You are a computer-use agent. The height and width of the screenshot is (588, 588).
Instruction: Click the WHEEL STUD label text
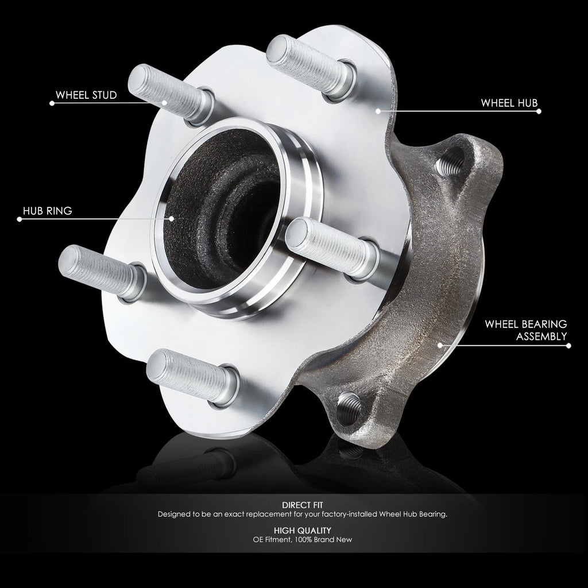(86, 95)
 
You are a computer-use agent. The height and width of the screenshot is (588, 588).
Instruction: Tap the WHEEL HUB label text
(509, 103)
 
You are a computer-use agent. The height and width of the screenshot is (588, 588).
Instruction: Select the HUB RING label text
(48, 211)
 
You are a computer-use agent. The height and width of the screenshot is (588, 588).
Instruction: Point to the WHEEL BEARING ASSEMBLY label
(526, 330)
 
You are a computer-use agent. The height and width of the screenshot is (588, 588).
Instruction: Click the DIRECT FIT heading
(302, 505)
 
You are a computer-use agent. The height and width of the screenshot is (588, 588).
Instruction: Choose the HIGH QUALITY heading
(302, 531)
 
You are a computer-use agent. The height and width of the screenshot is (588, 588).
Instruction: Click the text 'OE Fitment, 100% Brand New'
(302, 540)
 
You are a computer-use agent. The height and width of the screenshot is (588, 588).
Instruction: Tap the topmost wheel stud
(311, 68)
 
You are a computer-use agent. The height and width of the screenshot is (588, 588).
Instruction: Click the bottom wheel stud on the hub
(192, 377)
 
